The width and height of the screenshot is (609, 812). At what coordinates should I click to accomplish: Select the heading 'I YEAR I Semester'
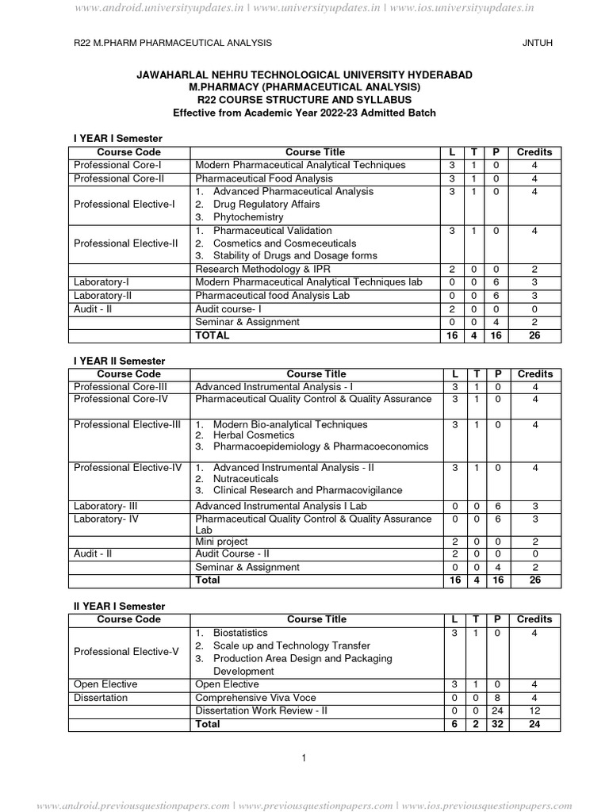pos(117,139)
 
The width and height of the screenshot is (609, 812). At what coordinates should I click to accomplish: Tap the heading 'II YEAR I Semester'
pos(119,606)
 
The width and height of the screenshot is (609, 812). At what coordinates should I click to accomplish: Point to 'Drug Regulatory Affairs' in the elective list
pos(266,205)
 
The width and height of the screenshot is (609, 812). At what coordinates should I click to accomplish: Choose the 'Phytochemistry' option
pos(248,217)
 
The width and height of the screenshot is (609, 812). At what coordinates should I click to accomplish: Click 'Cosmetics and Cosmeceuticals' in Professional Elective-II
pos(285,243)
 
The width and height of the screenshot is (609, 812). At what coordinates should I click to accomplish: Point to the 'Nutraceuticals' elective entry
pos(246,479)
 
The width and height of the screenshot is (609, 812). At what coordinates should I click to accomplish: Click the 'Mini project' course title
pos(221,542)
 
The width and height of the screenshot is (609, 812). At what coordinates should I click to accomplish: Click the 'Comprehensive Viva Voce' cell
pos(255,698)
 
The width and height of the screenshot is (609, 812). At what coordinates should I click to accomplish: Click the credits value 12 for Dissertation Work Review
pos(534,710)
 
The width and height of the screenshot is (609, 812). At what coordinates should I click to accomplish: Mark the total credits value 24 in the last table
pos(534,725)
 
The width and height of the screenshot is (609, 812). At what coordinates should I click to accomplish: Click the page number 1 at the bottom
pos(304,759)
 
